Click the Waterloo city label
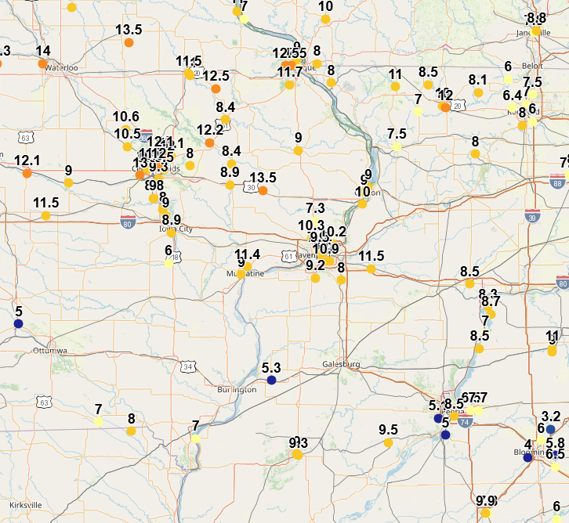pos(61,68)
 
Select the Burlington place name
pos(237,389)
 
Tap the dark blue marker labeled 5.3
pos(271,380)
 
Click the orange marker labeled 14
pos(43,63)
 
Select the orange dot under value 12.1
pos(27,174)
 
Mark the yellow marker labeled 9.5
pos(388,442)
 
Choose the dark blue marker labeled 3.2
pos(550,429)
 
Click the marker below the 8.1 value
pos(478,92)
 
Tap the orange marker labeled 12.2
pos(209,142)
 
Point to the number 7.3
pos(315,207)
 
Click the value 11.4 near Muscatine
pos(248,254)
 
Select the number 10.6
pos(125,117)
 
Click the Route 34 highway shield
pos(187,366)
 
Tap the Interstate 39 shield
pos(532,218)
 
